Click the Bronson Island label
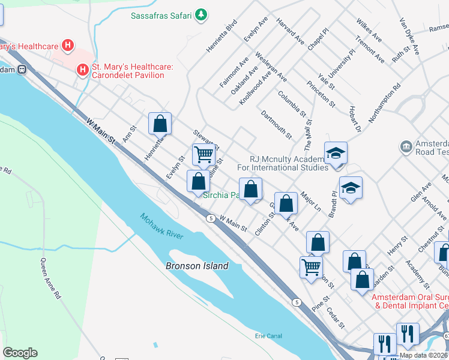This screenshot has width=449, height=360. point(198,266)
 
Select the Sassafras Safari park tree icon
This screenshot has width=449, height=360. point(202,14)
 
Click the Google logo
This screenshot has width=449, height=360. point(20,353)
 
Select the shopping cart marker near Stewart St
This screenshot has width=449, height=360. point(204,154)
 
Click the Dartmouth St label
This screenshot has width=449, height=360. point(277,124)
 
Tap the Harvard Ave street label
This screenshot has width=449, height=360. point(291,31)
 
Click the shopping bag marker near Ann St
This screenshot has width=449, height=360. point(160,124)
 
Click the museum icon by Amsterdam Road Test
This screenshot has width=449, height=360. point(406,146)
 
